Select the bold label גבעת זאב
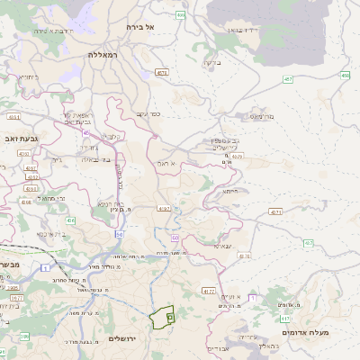[x=19, y=139]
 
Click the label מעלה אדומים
[x=306, y=333]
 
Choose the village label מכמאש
[x=261, y=116]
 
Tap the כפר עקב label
[x=148, y=113]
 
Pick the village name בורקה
[x=211, y=63]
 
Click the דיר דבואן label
[x=243, y=31]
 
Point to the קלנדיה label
[x=112, y=136]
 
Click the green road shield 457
[x=287, y=79]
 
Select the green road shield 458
[x=345, y=76]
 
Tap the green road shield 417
[x=284, y=318]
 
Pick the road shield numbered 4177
[x=209, y=292]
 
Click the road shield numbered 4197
[x=164, y=208]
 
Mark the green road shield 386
[x=24, y=337]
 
